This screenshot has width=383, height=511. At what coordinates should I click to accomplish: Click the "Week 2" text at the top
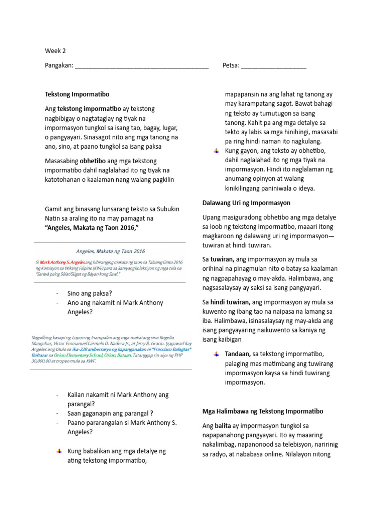[55, 51]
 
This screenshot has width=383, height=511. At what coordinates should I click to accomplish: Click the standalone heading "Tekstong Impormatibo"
[77, 94]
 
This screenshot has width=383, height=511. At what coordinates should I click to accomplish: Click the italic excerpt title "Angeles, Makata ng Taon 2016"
[110, 251]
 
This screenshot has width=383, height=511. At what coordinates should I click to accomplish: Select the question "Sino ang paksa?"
[89, 293]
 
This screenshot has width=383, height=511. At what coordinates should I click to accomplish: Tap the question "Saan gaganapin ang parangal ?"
[110, 413]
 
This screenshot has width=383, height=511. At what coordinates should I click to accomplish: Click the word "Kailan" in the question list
[76, 394]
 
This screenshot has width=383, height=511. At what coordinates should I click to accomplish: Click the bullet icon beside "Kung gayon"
[215, 151]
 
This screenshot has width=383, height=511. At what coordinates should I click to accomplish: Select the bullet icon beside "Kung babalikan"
[59, 451]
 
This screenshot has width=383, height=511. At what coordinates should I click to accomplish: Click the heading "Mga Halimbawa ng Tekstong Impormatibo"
[263, 411]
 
